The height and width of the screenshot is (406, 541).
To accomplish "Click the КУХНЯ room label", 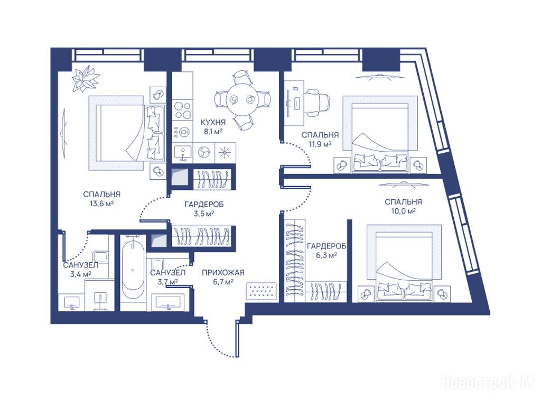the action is point(213,122).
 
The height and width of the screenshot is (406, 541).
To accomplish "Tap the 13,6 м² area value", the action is point(102,204).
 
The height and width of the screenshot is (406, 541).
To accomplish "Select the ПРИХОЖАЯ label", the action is point(223,272).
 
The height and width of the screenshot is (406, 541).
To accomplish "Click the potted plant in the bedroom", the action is point(85,79).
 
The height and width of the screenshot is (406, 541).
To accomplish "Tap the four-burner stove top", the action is point(182,110).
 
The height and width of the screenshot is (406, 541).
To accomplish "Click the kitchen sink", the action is point(183,153).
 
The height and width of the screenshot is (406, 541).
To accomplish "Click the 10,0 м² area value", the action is point(403,210).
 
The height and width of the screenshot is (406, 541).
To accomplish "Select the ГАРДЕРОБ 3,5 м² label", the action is point(204,209).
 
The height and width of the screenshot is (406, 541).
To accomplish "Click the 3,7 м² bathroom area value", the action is point(167,281).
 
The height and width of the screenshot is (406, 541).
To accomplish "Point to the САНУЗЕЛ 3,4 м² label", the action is point(81,270).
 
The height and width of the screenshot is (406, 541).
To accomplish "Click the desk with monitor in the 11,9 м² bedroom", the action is point(294,103).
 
